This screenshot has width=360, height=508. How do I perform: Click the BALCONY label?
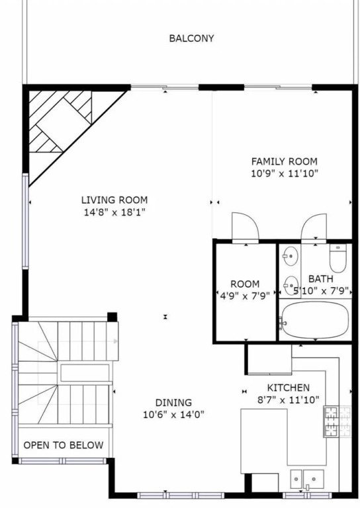191,38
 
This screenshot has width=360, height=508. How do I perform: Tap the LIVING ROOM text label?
114,200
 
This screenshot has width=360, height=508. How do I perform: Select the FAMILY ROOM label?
285,161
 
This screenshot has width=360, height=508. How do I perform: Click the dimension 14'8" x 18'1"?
114,212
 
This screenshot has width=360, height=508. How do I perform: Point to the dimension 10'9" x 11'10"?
285,174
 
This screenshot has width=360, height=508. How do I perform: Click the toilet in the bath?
337,258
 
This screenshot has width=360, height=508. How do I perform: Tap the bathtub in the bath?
315,320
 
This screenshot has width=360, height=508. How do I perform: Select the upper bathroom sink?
291,256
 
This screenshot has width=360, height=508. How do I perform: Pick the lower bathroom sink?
291,286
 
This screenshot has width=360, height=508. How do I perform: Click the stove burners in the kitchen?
337,422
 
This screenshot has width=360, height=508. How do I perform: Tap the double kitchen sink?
307,479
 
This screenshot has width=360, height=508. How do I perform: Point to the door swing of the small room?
246,226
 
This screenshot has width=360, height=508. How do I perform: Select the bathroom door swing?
314,227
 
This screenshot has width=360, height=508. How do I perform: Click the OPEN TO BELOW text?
64,445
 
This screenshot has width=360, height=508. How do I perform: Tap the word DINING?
173,403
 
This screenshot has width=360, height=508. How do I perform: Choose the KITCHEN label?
289,388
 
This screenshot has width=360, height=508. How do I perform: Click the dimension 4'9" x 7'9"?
245,296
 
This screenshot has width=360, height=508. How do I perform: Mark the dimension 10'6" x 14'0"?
173,415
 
